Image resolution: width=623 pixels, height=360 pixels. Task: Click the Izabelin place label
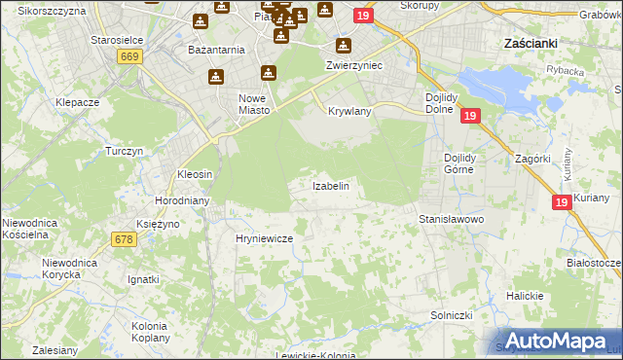330,185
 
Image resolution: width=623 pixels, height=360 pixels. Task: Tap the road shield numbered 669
129,57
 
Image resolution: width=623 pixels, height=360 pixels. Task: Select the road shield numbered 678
123,238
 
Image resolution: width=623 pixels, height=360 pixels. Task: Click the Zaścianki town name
531,44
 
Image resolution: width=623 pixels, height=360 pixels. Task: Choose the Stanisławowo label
452,220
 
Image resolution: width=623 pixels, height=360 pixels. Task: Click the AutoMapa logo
556,341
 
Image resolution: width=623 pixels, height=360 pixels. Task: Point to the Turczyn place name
125,152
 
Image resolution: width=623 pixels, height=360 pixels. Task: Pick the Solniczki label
451,316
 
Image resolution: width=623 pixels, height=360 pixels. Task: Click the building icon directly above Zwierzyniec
343,46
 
